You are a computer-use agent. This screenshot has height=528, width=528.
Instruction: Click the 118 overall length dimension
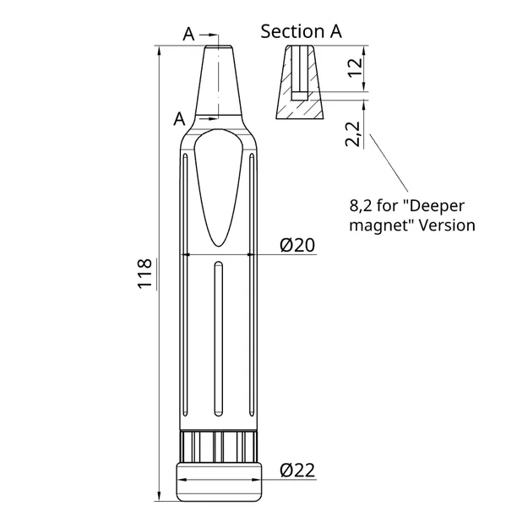pos(144,274)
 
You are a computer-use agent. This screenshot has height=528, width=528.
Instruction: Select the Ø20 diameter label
pos(297,245)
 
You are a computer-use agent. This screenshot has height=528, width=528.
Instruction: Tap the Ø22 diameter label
pos(297,471)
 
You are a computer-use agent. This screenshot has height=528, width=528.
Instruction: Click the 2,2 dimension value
pos(354,134)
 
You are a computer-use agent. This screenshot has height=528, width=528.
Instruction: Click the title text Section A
pos(301,31)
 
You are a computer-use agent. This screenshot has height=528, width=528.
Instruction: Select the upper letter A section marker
pos(188,34)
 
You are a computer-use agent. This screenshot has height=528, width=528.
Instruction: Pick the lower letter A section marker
pos(179,119)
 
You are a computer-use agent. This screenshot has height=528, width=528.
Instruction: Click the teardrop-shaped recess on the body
pos(218,186)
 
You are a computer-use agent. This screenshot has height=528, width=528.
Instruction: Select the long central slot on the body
pos(219,338)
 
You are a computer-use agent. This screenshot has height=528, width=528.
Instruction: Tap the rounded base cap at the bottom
pos(219,481)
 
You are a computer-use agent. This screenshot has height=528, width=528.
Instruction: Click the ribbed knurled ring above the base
pos(219,444)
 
